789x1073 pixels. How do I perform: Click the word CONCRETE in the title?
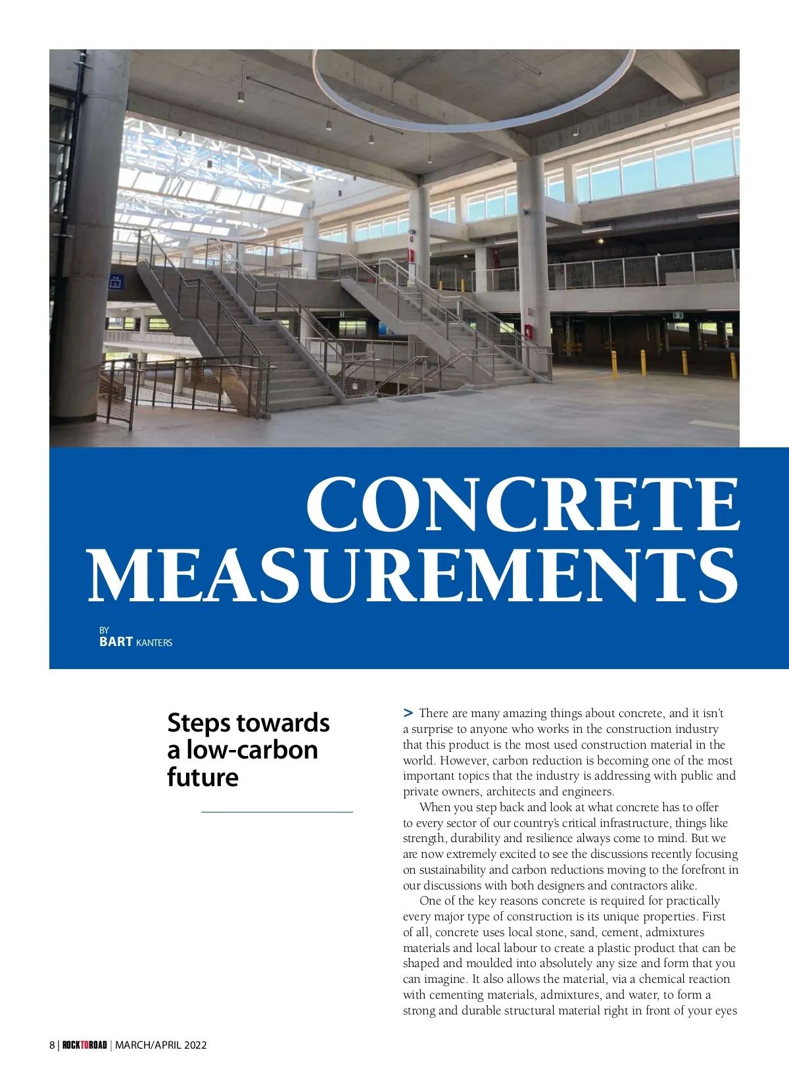click(523, 504)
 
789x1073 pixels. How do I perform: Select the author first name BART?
click(116, 641)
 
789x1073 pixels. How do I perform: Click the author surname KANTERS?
click(154, 643)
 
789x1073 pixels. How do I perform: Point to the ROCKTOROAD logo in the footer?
click(84, 1045)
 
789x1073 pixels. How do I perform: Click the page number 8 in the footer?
click(52, 1045)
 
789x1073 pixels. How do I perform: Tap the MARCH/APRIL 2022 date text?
click(161, 1045)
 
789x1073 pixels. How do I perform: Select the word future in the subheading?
click(203, 777)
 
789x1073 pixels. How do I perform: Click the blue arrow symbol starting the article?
click(408, 712)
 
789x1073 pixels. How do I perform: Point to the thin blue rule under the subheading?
click(277, 812)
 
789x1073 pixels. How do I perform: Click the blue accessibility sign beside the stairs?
click(116, 282)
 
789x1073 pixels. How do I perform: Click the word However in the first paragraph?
click(464, 761)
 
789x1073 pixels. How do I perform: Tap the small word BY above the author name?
click(104, 630)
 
